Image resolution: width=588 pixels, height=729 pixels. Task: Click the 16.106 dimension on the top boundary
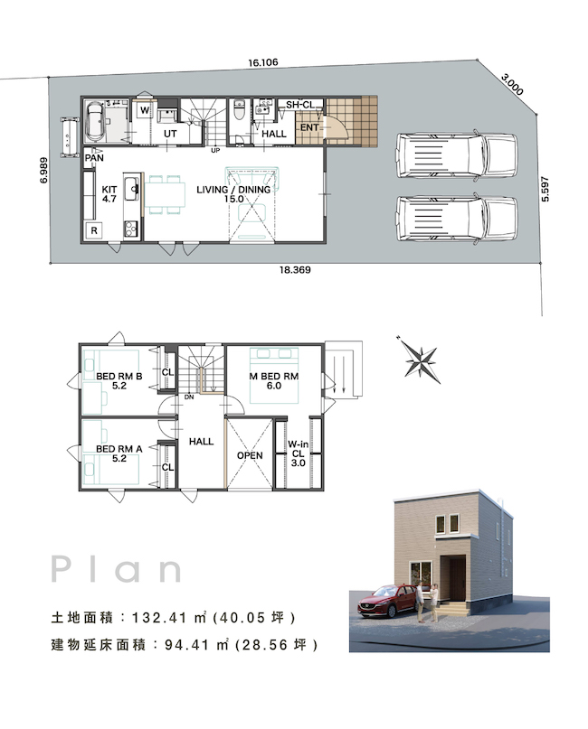[x=263, y=62]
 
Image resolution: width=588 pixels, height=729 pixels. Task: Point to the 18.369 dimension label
[x=295, y=270]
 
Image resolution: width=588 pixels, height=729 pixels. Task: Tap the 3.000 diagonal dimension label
[x=513, y=84]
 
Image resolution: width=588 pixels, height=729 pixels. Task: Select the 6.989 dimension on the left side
[x=43, y=170]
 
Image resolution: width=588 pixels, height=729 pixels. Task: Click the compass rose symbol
[x=420, y=360]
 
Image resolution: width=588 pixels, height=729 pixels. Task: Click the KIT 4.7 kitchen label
[x=109, y=194]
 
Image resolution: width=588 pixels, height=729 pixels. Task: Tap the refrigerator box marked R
[x=94, y=230]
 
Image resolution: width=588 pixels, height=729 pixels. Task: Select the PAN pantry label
[x=94, y=157]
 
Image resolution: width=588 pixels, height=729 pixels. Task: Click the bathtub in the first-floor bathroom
[x=95, y=121]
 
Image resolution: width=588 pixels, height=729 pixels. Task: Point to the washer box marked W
[x=145, y=110]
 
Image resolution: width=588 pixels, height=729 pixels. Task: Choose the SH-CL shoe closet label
[x=299, y=105]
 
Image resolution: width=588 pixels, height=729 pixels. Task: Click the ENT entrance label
[x=309, y=127]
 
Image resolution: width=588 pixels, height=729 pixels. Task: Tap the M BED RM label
[x=274, y=376]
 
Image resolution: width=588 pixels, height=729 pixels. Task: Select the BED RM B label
[x=119, y=376]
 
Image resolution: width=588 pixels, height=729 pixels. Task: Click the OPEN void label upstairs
[x=250, y=455]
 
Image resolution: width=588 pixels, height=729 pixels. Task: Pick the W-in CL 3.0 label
[x=298, y=453]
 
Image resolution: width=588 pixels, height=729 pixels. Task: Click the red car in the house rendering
[x=387, y=601]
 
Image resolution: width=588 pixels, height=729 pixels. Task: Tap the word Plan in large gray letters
[x=116, y=569]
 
